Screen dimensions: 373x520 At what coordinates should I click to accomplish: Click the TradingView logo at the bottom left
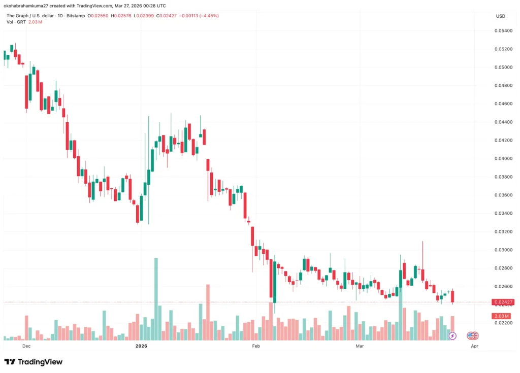coord(33,362)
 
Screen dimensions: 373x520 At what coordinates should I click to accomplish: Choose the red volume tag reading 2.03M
coord(500,316)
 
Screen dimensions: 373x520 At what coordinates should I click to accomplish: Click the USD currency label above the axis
coord(500,16)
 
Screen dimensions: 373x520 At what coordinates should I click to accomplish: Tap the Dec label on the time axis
coord(26,346)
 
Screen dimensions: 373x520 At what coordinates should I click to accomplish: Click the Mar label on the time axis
coord(360,346)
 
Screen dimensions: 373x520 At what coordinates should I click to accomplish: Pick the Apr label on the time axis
coord(475,346)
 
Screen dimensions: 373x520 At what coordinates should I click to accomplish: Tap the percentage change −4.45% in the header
coord(210,16)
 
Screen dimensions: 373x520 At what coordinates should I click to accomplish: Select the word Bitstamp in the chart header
coord(75,16)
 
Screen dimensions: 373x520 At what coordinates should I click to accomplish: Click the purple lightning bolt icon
coord(452,336)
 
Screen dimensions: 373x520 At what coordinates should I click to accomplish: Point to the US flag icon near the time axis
coord(473,336)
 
